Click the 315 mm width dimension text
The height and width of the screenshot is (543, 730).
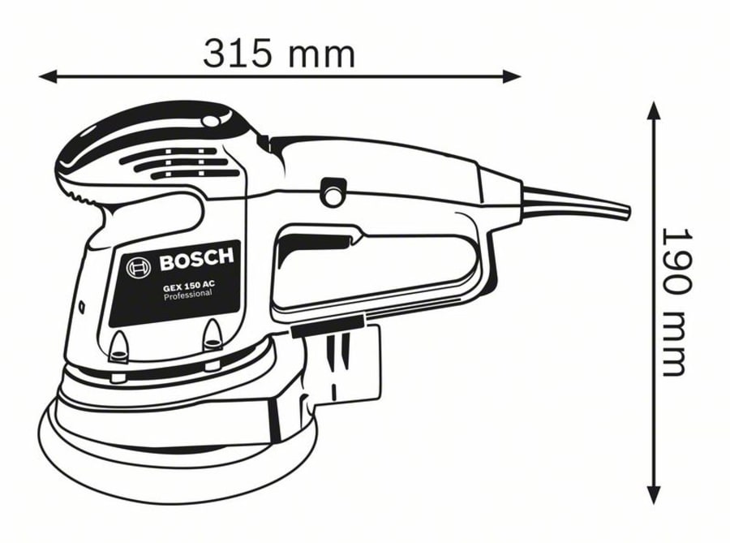(x=278, y=54)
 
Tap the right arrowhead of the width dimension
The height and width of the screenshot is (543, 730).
(x=513, y=76)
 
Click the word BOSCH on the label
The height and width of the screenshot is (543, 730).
(x=195, y=261)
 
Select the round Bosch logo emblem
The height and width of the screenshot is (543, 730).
(x=138, y=267)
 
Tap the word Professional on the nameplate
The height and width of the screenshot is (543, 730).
(x=187, y=295)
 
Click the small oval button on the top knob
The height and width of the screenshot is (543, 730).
(x=211, y=122)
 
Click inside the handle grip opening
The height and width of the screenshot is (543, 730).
(x=373, y=268)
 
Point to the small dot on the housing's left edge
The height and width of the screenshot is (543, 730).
(x=84, y=306)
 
